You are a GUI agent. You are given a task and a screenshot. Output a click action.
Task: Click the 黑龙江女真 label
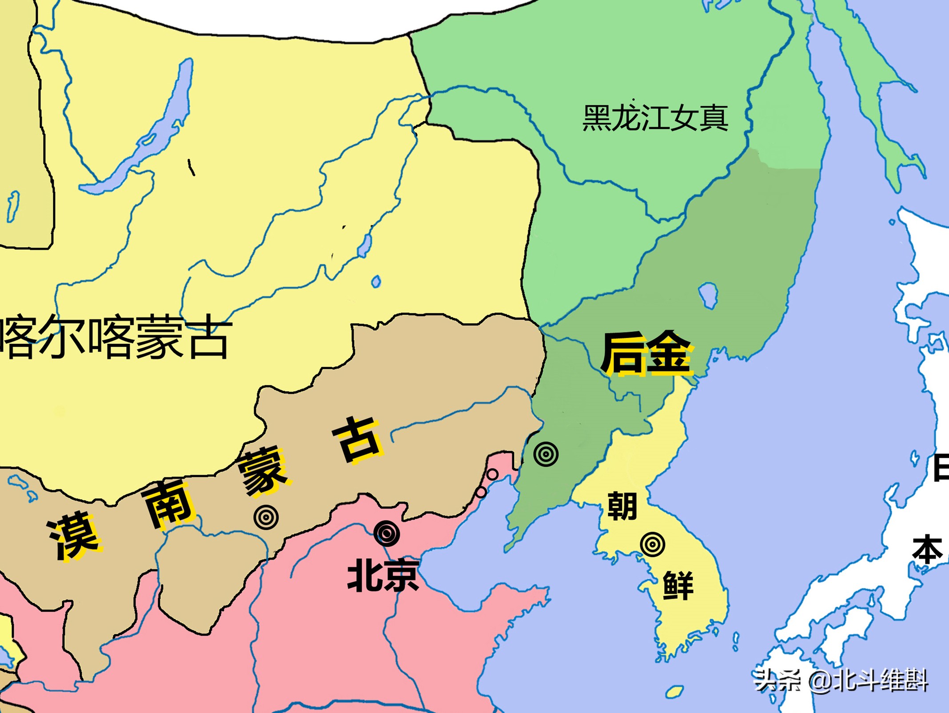pos(655,118)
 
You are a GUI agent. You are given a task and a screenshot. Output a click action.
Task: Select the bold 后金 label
pos(646,353)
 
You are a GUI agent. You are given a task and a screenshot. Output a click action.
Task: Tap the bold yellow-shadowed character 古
pos(357,440)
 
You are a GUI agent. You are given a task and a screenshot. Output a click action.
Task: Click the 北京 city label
pos(383,576)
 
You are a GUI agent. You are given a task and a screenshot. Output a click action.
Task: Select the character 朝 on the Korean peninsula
pos(622,506)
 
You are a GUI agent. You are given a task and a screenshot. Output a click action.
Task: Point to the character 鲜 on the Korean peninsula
pos(678,585)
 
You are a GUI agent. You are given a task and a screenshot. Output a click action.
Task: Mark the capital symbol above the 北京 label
pos(386,533)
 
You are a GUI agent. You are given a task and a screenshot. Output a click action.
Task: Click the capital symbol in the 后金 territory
pos(546,454)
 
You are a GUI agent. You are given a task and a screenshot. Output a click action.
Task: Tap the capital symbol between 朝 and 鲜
pos(653,544)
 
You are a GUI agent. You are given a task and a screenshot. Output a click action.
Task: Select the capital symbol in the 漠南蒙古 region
pos(266,517)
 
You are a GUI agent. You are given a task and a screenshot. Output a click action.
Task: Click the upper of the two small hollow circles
pos(492,474)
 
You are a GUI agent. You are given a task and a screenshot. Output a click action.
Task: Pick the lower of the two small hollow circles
pos(481,492)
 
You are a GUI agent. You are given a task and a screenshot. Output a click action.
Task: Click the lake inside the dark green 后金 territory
pos(708,295)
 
